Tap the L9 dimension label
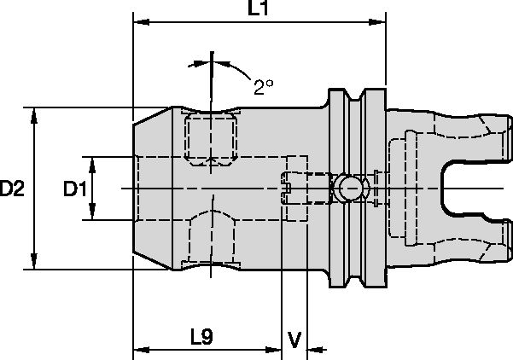point(201,337)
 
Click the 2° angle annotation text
point(263,85)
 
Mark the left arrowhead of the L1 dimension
point(139,24)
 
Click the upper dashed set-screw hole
point(209,136)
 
